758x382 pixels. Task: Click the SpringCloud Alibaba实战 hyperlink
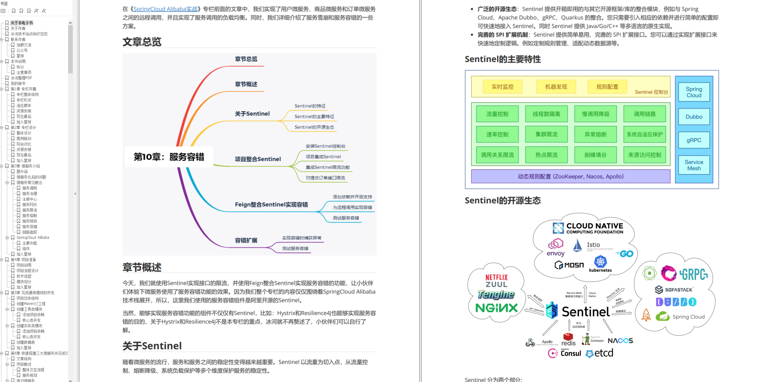click(x=165, y=9)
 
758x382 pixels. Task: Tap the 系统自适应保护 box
click(x=644, y=134)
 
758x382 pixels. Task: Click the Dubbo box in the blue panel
click(x=694, y=117)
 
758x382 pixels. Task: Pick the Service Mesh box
click(x=694, y=165)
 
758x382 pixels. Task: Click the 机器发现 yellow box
click(x=556, y=87)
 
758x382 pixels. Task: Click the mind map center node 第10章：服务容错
click(x=169, y=157)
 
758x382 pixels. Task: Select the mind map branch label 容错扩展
click(x=246, y=240)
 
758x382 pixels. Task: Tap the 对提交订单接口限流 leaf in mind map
click(x=325, y=178)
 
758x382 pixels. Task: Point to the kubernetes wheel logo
click(x=600, y=261)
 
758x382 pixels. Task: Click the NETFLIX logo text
click(x=496, y=277)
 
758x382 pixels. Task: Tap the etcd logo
click(x=600, y=353)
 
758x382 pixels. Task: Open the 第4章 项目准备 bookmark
click(x=23, y=260)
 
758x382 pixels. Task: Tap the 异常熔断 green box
click(x=595, y=134)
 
